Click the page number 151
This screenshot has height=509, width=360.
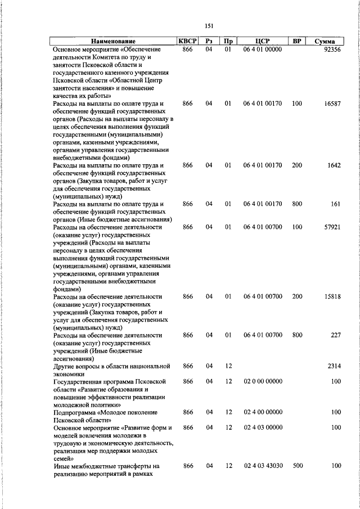[x=209, y=26]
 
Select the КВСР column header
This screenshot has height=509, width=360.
[x=188, y=42]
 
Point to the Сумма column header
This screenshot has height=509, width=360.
[x=325, y=42]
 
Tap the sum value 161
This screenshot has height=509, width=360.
[x=336, y=204]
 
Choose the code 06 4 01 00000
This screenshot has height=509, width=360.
[x=263, y=49]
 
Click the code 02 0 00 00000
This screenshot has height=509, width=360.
[x=263, y=381]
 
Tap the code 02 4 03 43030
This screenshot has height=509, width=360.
[x=263, y=466]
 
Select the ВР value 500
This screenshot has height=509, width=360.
[x=297, y=466]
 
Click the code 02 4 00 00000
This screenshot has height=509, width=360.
[x=263, y=412]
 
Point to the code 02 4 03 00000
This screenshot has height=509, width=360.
[x=263, y=428]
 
